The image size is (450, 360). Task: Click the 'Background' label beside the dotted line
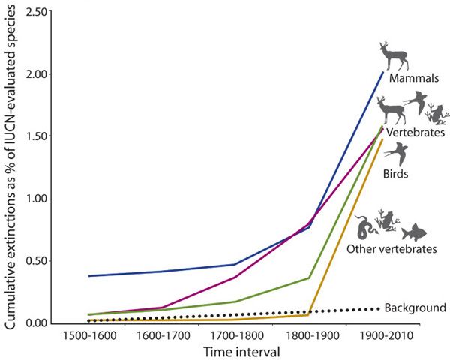tap(415, 307)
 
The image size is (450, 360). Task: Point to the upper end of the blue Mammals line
tap(382, 72)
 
